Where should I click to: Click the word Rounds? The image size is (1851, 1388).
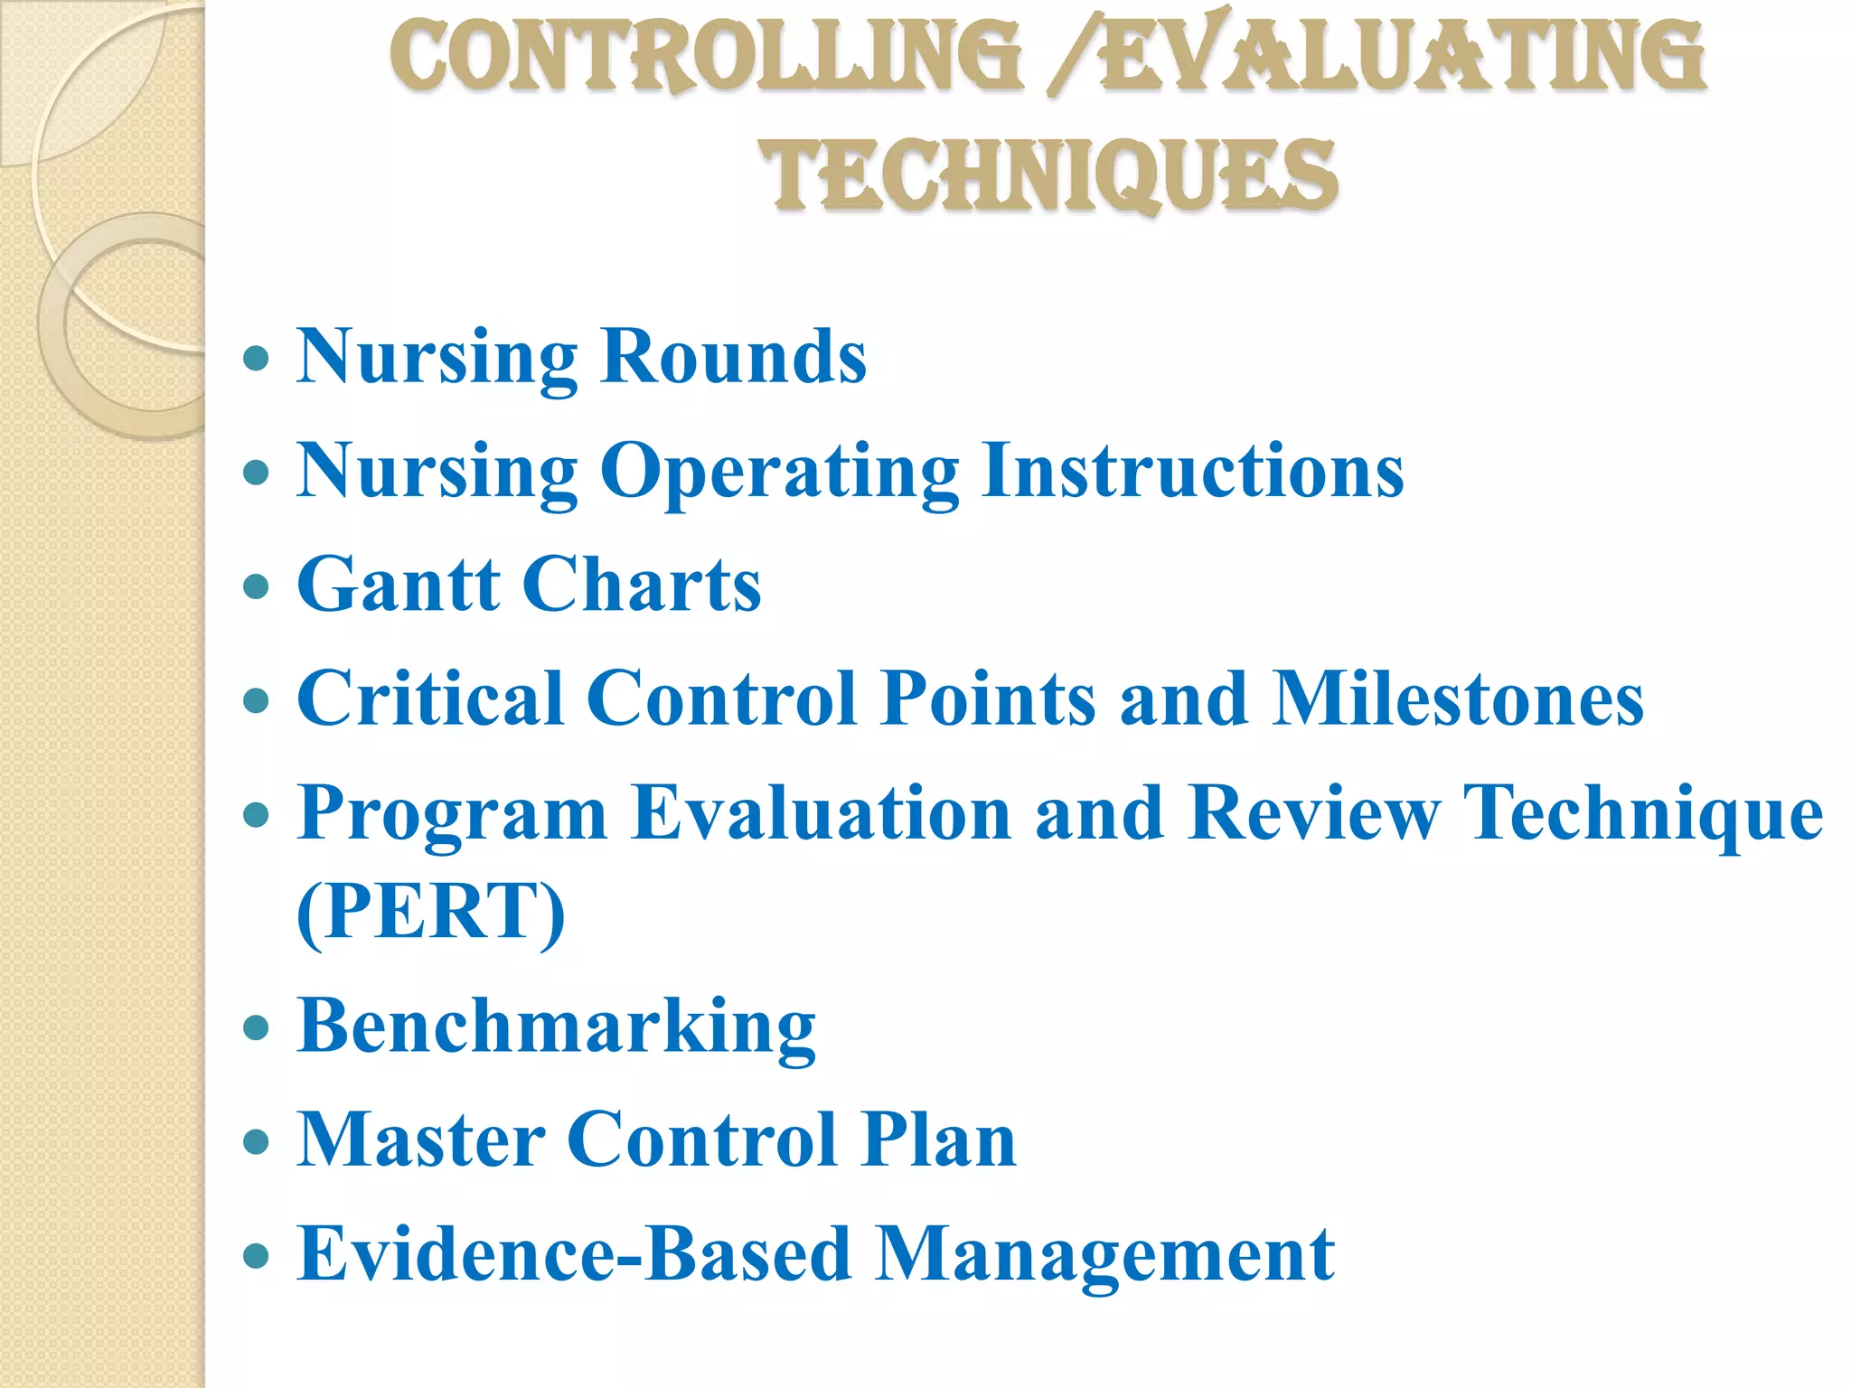[x=733, y=357]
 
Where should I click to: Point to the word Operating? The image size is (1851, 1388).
[x=779, y=472]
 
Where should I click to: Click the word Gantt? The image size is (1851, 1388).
[x=399, y=585]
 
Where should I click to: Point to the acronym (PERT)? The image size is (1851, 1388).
[x=431, y=912]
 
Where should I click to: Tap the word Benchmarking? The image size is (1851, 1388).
[x=556, y=1027]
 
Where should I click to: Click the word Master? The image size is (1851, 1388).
[x=420, y=1140]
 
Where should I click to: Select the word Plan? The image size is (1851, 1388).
[x=939, y=1140]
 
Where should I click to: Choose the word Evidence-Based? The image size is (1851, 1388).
[x=574, y=1254]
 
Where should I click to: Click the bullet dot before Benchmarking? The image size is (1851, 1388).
[x=257, y=1027]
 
